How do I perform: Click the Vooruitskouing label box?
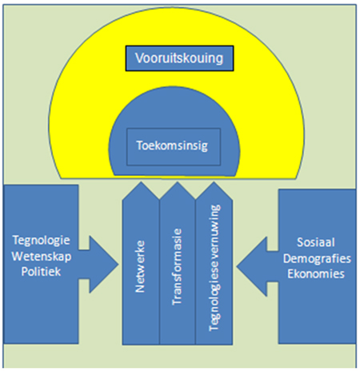[x=179, y=58]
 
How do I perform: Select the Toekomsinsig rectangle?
[x=174, y=147]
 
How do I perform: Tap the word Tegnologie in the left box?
[x=42, y=241]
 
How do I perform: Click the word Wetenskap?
[x=42, y=257]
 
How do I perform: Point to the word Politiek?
[x=41, y=272]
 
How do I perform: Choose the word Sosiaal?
[x=316, y=242]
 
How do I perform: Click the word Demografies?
[x=317, y=258]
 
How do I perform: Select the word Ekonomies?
[x=316, y=274]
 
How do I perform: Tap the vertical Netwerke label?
[x=140, y=266]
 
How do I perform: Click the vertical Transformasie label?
[x=177, y=267]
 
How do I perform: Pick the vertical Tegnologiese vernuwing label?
[x=214, y=268]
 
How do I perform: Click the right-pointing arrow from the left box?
[x=98, y=265]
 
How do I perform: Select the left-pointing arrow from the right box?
[x=258, y=266]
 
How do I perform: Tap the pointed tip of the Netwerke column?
[x=141, y=182]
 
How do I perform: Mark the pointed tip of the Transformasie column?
[x=178, y=182]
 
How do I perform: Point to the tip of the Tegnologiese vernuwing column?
[x=214, y=182]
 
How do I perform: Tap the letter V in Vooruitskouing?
[x=139, y=58]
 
